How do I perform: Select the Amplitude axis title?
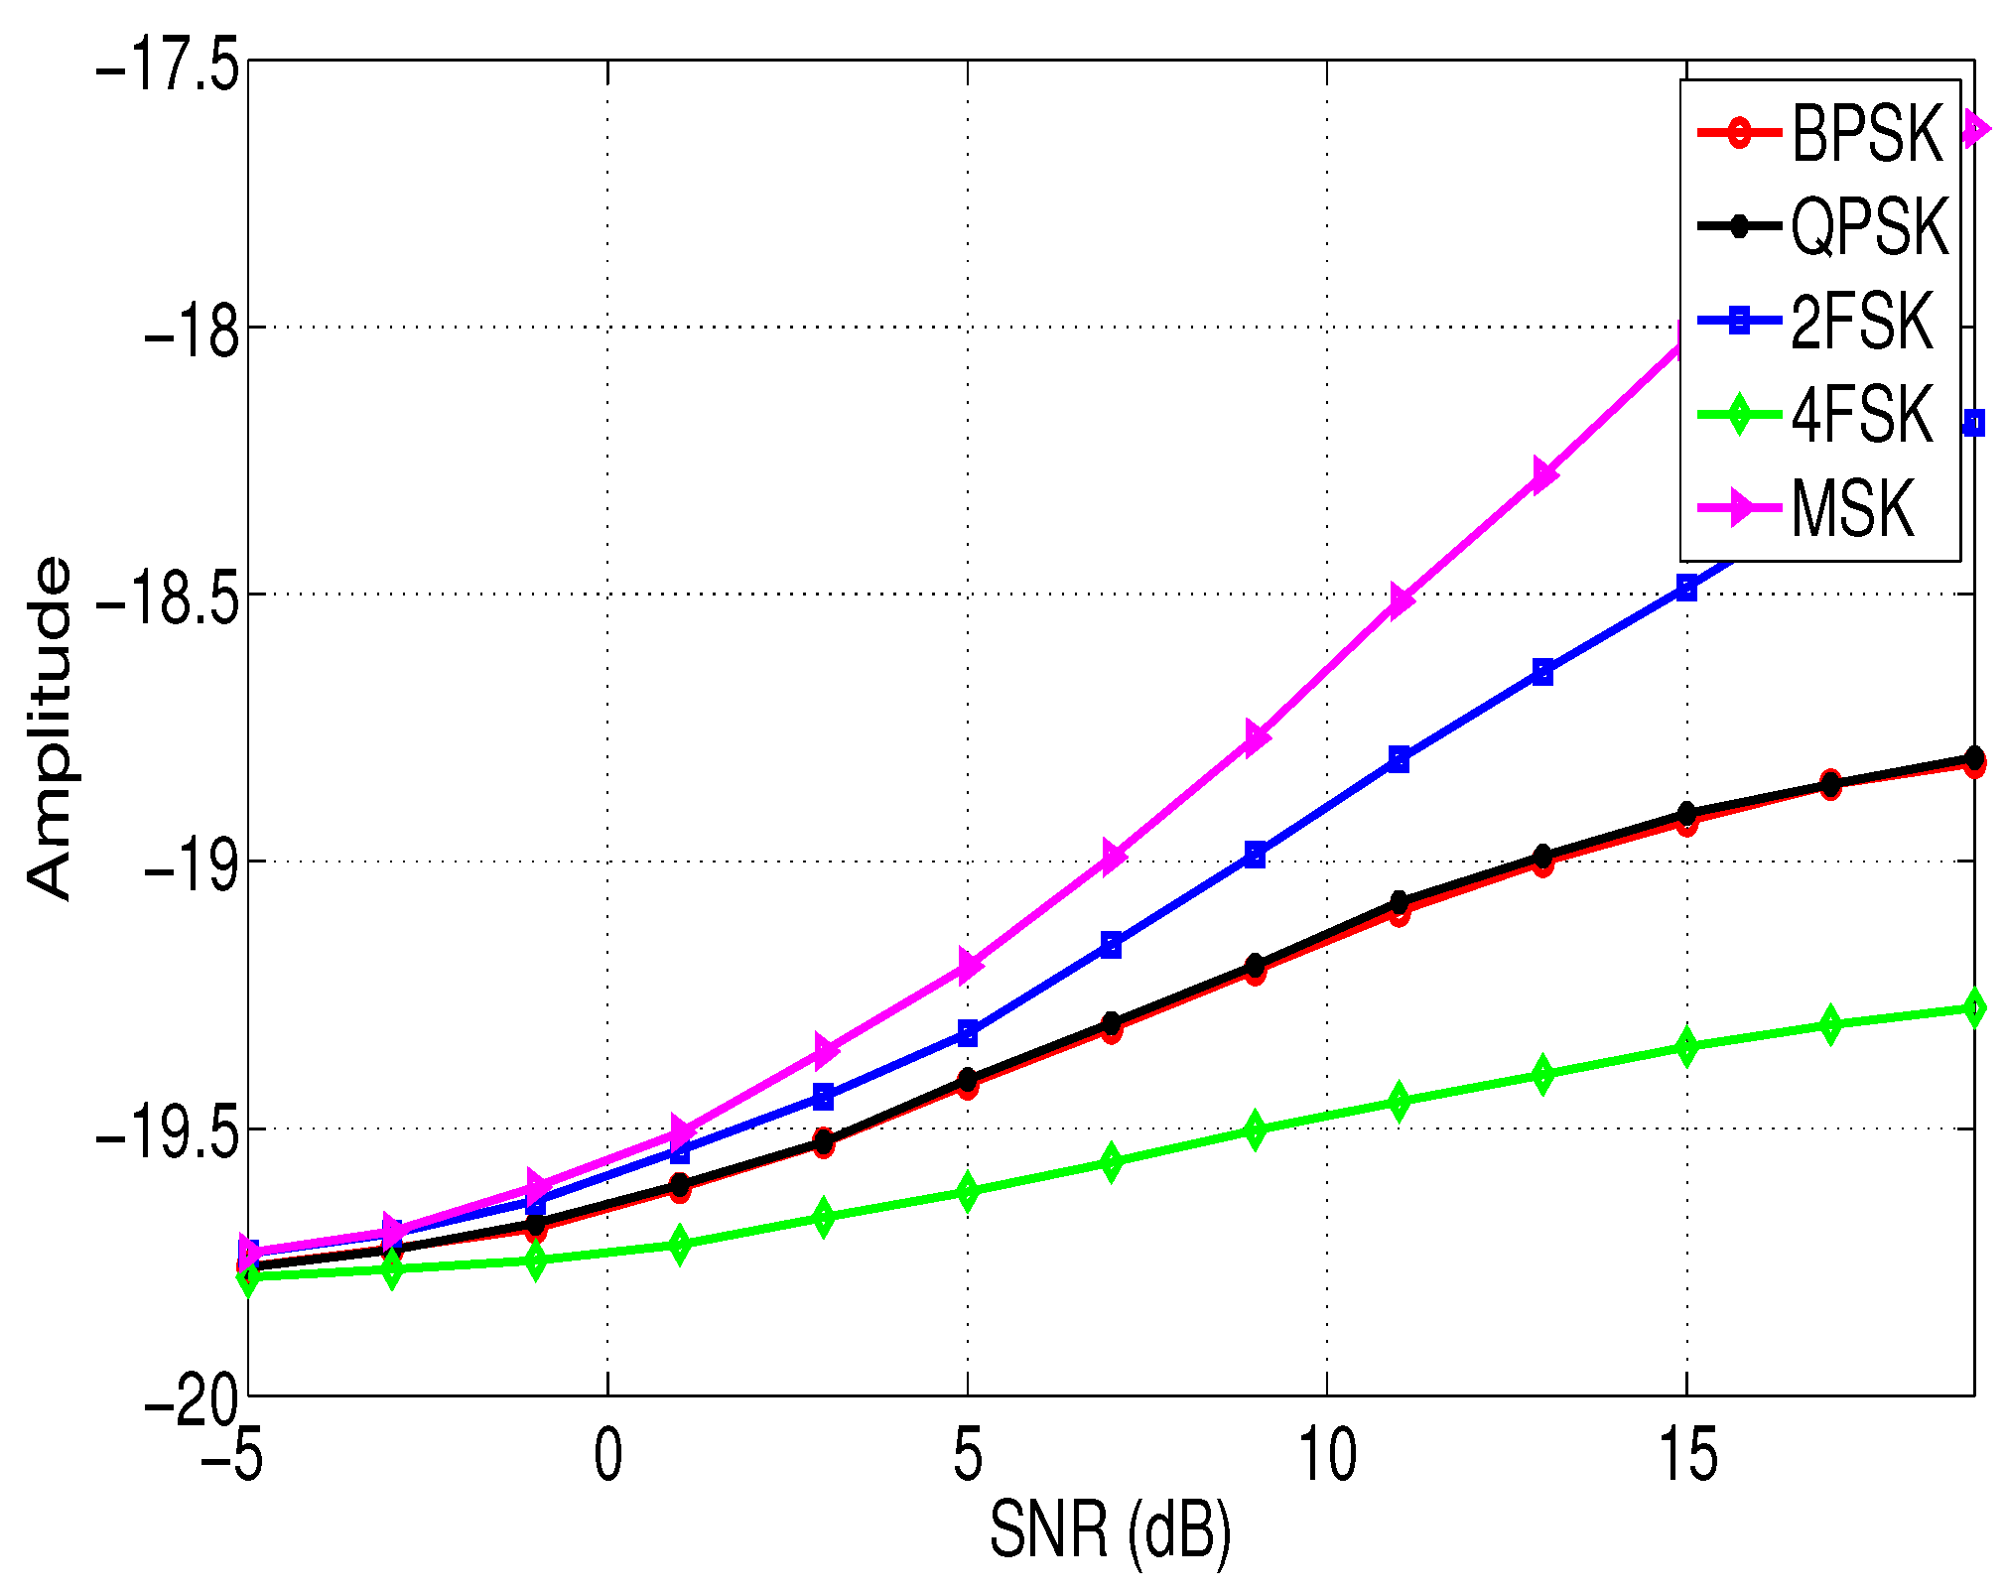[50, 728]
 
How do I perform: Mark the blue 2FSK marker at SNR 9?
[1255, 855]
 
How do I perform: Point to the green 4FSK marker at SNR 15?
[1686, 1047]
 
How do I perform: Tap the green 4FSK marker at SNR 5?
[968, 1190]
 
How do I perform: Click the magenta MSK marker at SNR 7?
[1112, 856]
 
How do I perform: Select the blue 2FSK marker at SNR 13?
[1542, 672]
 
